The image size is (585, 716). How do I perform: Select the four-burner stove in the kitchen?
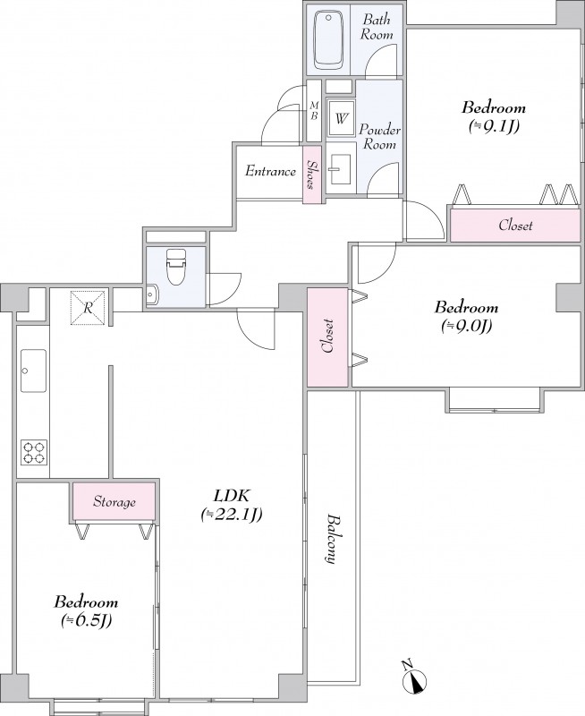click(x=34, y=453)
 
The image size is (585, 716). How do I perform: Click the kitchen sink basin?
click(x=33, y=371)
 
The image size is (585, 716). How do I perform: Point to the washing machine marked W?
click(x=341, y=119)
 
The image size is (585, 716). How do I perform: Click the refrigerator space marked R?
click(x=88, y=308)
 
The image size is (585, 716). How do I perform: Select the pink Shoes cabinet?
click(x=312, y=174)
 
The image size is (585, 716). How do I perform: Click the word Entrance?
click(x=270, y=172)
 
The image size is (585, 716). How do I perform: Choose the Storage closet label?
click(x=114, y=502)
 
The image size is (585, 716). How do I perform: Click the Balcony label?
click(x=334, y=540)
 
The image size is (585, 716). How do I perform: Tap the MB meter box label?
click(x=314, y=110)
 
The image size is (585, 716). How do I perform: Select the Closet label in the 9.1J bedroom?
click(x=515, y=226)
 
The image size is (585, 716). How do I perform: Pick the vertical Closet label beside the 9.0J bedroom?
click(x=327, y=337)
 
